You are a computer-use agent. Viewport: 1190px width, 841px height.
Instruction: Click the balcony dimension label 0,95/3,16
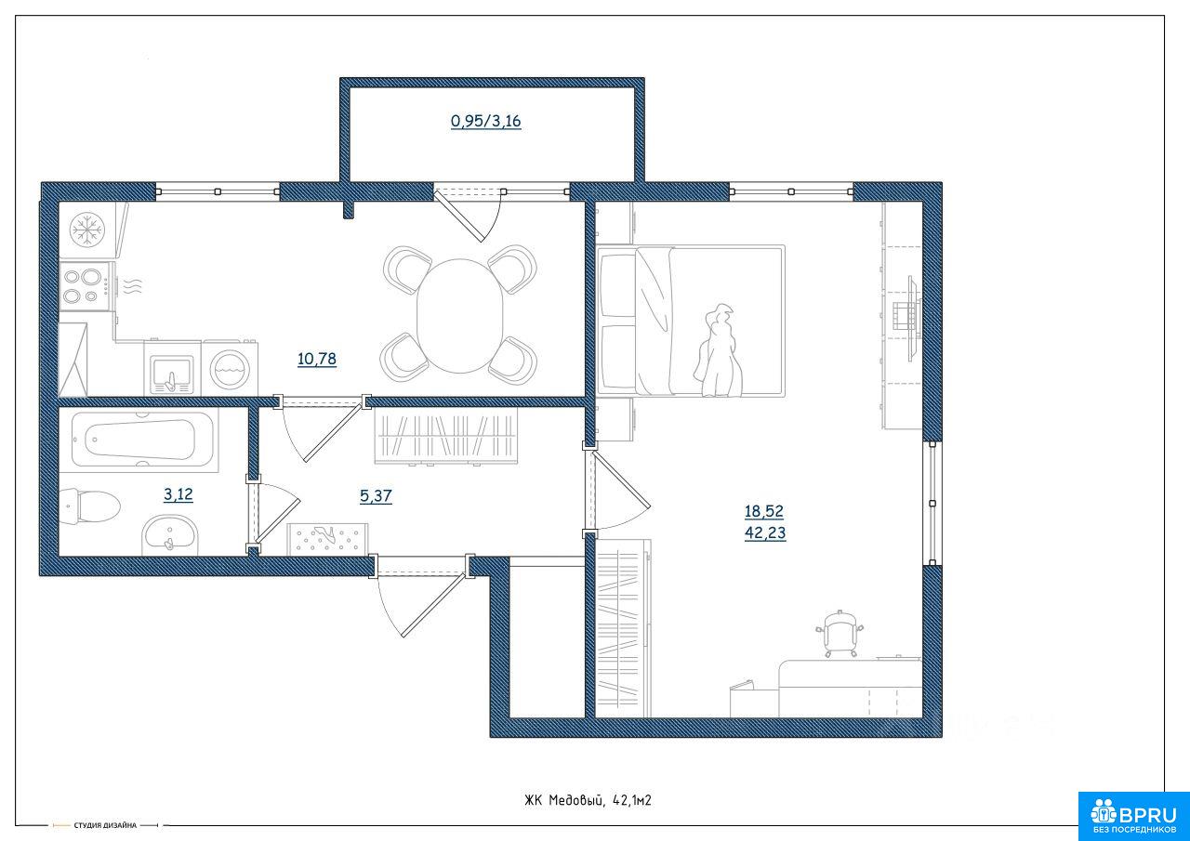pyautogui.click(x=485, y=122)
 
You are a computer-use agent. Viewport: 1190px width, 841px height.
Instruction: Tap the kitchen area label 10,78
pyautogui.click(x=317, y=359)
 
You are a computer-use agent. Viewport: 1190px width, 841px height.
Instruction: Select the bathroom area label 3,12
pyautogui.click(x=178, y=494)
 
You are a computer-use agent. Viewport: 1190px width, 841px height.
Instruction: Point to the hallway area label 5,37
pyautogui.click(x=376, y=496)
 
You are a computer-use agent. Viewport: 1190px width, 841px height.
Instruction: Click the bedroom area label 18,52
pyautogui.click(x=764, y=511)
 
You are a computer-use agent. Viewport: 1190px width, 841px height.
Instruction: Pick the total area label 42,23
pyautogui.click(x=765, y=532)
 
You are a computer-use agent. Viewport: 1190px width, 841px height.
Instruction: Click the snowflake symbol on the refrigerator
pyautogui.click(x=87, y=230)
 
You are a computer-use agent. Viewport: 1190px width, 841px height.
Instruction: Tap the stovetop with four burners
pyautogui.click(x=86, y=285)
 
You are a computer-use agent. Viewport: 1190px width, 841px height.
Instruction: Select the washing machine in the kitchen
pyautogui.click(x=230, y=367)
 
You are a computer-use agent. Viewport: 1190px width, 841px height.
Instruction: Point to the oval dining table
pyautogui.click(x=459, y=315)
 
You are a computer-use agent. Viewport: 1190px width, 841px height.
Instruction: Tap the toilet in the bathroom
pyautogui.click(x=89, y=506)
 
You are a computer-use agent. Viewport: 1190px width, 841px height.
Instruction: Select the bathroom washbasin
pyautogui.click(x=170, y=534)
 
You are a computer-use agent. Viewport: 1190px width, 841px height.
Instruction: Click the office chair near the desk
pyautogui.click(x=840, y=634)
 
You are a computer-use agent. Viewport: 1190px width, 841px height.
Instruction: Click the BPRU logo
pyautogui.click(x=1133, y=816)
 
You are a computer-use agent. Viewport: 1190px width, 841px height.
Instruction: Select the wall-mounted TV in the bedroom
pyautogui.click(x=913, y=319)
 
